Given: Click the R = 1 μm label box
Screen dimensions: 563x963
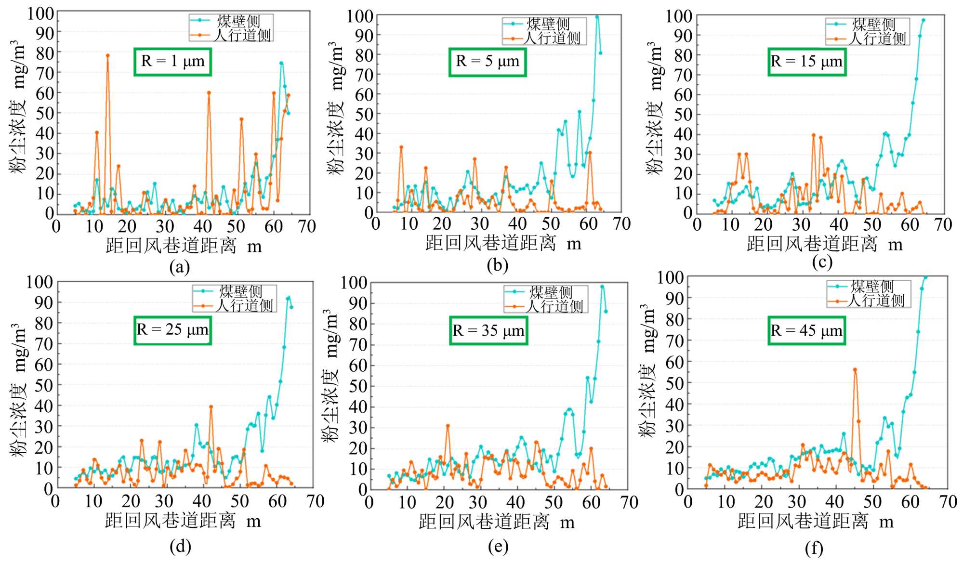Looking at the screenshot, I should click(173, 62).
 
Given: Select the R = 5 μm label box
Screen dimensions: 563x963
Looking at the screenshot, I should click(488, 62).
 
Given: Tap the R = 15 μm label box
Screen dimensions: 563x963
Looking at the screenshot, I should click(807, 62).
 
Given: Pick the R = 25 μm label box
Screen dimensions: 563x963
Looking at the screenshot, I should click(172, 330).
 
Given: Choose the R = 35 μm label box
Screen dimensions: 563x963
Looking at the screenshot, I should click(488, 331).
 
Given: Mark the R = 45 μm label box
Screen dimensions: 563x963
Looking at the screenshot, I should click(807, 331).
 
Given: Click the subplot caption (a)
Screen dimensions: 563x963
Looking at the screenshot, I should click(179, 266).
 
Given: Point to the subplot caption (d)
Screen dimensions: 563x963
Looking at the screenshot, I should click(180, 546).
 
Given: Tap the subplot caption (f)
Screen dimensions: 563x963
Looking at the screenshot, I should click(814, 548).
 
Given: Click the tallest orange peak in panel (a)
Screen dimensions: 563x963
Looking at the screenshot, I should click(107, 55).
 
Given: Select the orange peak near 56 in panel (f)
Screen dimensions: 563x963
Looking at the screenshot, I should click(855, 370).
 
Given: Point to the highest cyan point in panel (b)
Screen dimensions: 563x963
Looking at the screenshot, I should click(597, 17).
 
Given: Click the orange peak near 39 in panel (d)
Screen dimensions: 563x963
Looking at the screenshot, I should click(211, 407).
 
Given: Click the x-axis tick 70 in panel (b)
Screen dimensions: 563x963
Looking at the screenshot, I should click(621, 224).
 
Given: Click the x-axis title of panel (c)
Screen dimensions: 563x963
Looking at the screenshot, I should click(824, 244).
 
